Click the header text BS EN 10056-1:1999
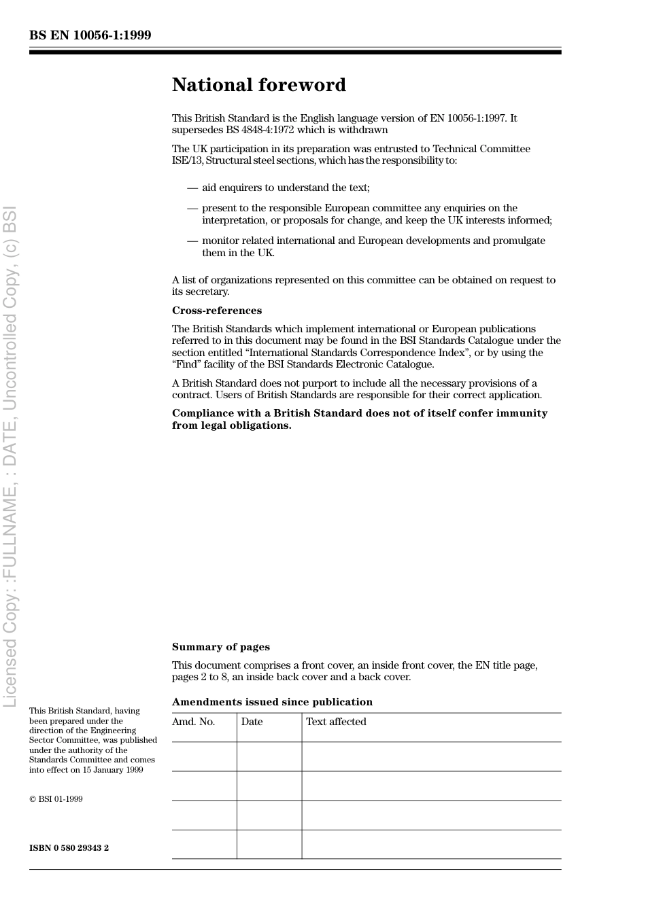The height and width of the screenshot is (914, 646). (x=90, y=35)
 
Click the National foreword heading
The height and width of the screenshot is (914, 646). (x=258, y=85)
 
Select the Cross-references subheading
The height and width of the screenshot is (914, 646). (x=216, y=311)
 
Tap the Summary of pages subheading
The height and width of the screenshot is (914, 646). (x=220, y=647)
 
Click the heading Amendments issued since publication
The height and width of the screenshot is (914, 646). (x=272, y=702)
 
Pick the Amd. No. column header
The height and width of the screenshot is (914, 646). (x=193, y=722)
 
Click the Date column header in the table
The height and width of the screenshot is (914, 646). (x=252, y=722)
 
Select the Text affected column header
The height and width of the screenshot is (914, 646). (x=336, y=722)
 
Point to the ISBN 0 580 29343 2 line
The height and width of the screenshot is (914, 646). (x=69, y=848)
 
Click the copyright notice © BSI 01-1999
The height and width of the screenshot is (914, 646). (x=56, y=799)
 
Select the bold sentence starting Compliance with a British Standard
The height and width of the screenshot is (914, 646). (x=359, y=419)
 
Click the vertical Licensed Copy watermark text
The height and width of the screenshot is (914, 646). (x=10, y=455)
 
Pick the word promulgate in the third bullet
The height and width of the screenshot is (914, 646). (x=520, y=241)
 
